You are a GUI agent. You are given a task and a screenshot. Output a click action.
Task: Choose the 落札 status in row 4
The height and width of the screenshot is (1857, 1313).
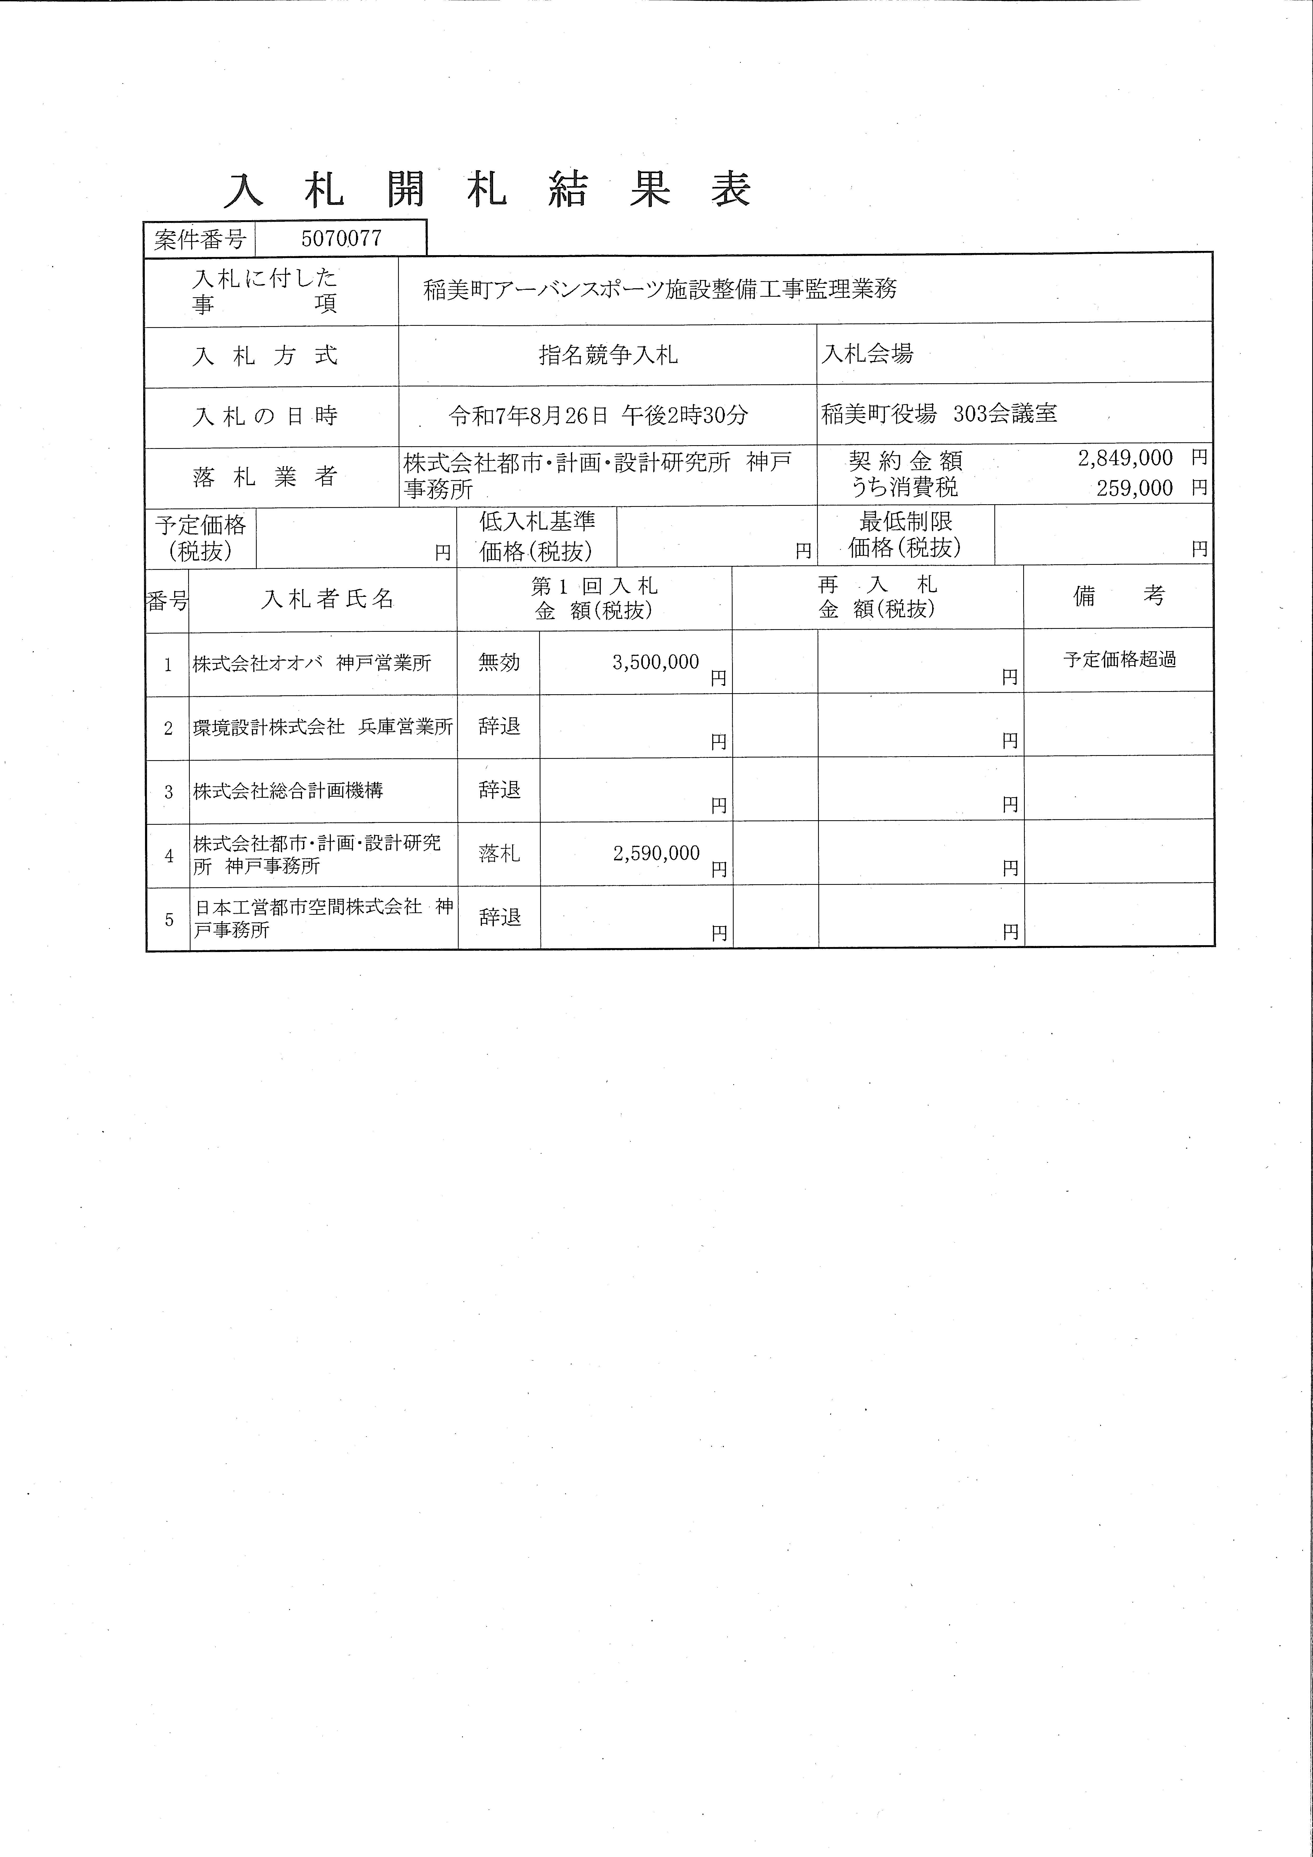click(499, 853)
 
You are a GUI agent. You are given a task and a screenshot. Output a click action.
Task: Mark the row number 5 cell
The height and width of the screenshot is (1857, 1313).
click(168, 919)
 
